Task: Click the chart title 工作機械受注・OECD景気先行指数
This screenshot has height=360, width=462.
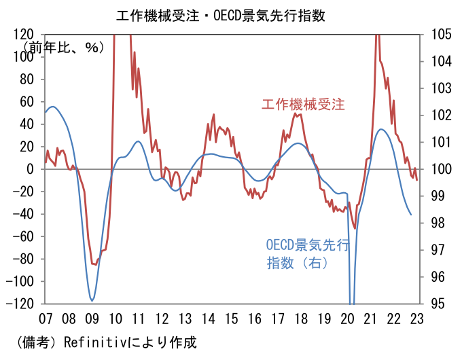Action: coord(231,14)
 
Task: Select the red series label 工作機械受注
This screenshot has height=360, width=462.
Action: coord(303,105)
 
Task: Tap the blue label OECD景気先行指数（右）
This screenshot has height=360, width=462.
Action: coord(306,253)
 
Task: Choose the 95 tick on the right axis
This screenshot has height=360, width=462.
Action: coord(432,304)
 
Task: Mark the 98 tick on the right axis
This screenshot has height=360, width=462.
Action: coord(432,223)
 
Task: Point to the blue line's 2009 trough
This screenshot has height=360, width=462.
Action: coord(92,300)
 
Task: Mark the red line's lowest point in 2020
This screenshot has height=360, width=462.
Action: coord(355,228)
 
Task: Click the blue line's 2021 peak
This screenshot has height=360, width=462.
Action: coord(381,129)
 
